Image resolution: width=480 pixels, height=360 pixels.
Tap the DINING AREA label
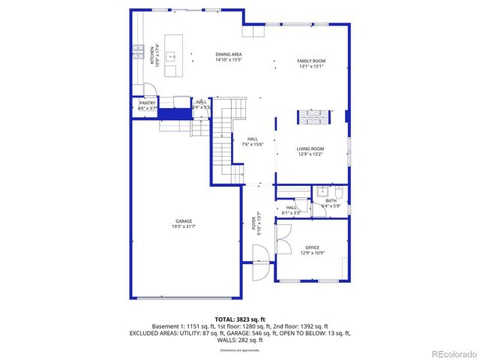tap(229, 54)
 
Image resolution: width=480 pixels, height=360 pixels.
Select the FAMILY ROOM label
tap(310, 60)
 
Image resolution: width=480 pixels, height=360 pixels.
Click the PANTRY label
tap(147, 103)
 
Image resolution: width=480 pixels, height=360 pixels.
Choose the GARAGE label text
tap(184, 221)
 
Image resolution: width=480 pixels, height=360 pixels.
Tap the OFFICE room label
tap(312, 247)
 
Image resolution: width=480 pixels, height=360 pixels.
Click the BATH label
tap(331, 201)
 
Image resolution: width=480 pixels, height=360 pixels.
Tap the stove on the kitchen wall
tap(139, 51)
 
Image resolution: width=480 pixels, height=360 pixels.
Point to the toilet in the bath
tap(338, 190)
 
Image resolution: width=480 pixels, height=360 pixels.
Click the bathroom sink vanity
tap(321, 190)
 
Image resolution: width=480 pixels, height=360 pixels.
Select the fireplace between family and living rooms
tap(313, 117)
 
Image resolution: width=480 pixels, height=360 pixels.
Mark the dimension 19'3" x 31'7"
tap(184, 226)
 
